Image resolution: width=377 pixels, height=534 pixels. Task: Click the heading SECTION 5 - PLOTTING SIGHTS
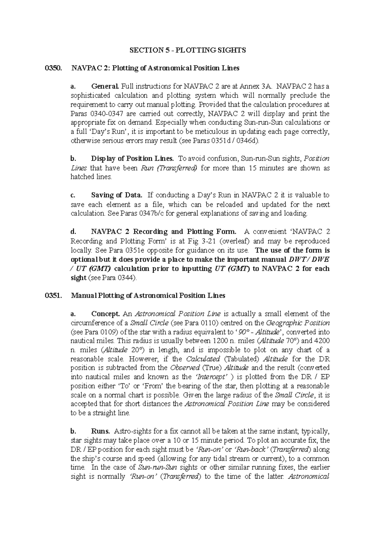[x=188, y=50]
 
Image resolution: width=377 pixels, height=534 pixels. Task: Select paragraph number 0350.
[x=52, y=68]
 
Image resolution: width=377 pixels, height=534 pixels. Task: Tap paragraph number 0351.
[x=52, y=296]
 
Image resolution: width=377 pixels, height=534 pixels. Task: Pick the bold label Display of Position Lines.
[x=132, y=159]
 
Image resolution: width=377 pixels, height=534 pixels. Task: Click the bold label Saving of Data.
[x=117, y=195]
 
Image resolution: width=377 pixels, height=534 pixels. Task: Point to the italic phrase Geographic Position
[x=298, y=323]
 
